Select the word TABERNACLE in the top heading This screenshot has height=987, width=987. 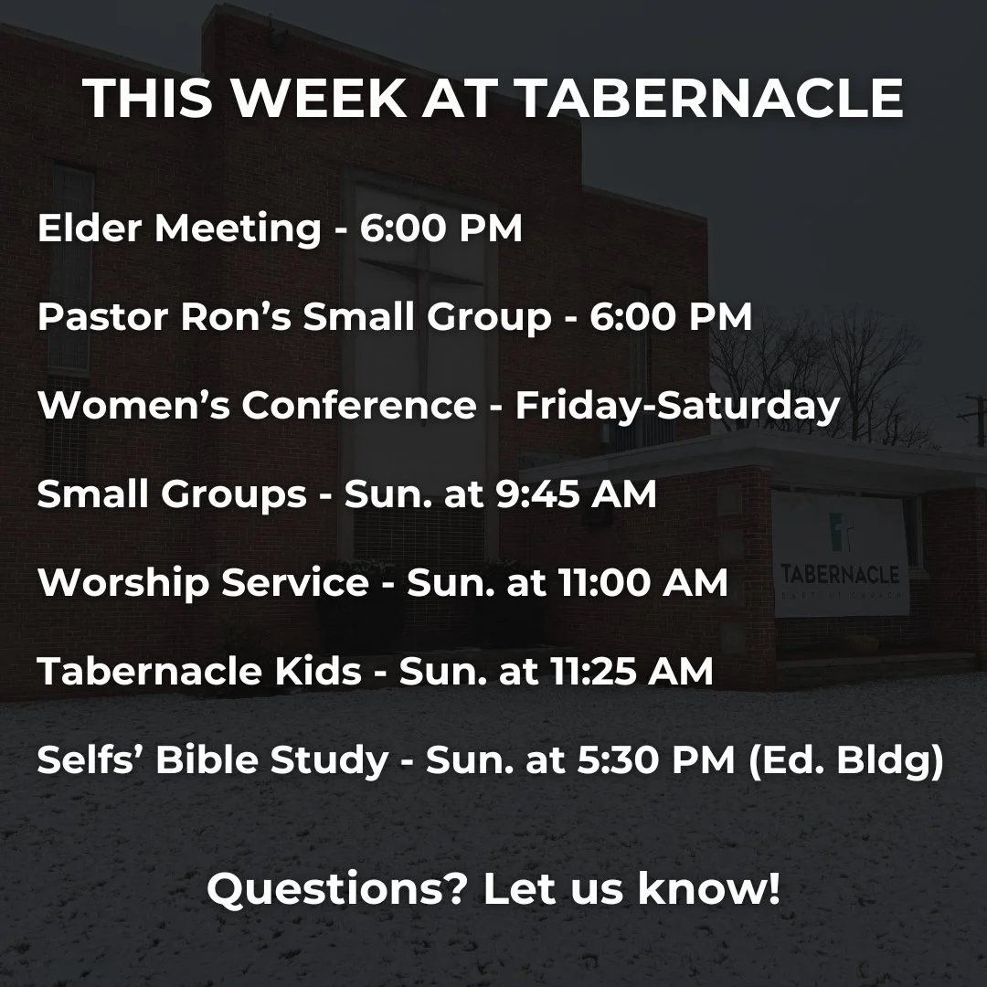(x=710, y=99)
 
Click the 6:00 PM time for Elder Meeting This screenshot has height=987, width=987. (x=440, y=228)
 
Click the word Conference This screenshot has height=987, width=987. (x=358, y=406)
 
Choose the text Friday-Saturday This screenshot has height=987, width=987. (x=677, y=406)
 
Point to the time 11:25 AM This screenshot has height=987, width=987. (x=634, y=672)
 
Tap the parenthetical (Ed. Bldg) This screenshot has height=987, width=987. (x=846, y=760)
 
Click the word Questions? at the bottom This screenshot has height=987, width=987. (x=337, y=888)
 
